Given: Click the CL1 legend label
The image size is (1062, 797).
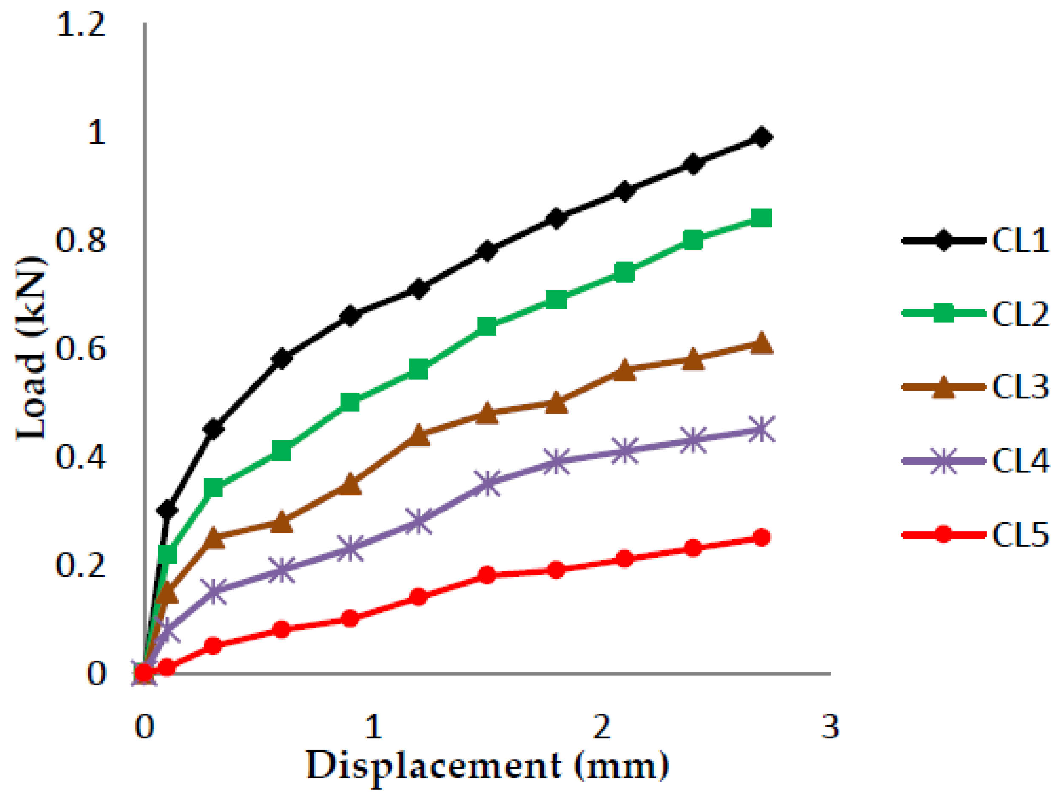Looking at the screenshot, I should [x=1020, y=241].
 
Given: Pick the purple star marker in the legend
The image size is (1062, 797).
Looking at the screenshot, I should [x=943, y=461].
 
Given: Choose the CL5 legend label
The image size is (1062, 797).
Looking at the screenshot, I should [x=1020, y=535].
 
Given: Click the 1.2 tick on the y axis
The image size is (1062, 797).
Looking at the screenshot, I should [x=81, y=24].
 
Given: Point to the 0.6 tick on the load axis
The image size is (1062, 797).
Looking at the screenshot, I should [x=81, y=349].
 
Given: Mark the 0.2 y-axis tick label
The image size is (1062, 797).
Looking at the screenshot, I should [x=81, y=565].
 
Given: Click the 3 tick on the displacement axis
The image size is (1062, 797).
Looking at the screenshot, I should [x=831, y=726].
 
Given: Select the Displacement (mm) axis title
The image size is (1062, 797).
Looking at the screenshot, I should [x=487, y=766].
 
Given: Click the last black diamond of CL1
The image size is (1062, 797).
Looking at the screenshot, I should [x=761, y=137].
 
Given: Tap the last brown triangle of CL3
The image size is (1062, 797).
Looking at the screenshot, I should [x=761, y=343].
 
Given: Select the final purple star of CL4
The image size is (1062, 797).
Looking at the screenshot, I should [x=761, y=429].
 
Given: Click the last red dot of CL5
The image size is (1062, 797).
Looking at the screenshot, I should [x=761, y=537].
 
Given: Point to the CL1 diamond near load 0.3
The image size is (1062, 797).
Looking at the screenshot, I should [x=167, y=510].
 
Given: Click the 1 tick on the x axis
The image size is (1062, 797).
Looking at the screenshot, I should [x=373, y=726].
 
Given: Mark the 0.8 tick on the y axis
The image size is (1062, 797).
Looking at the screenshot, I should [x=81, y=241].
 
